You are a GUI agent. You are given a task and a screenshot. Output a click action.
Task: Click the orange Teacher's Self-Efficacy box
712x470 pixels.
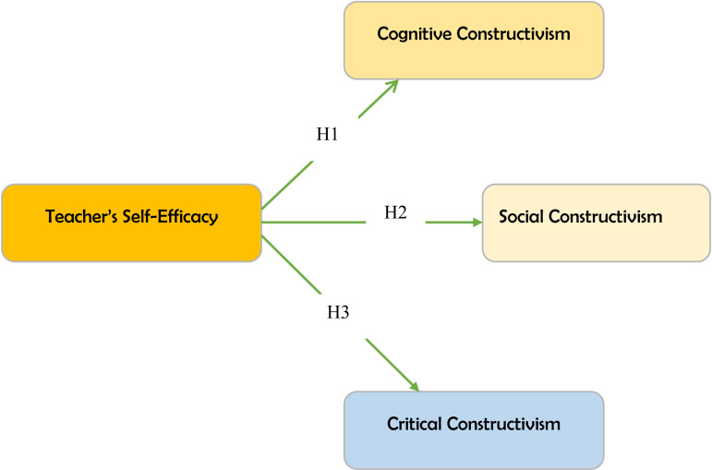131,222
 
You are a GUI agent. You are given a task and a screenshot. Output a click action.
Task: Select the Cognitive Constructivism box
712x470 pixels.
474,40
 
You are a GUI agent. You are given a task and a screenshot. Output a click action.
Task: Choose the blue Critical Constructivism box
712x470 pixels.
474,429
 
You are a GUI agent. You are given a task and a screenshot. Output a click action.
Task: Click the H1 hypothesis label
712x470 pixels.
328,135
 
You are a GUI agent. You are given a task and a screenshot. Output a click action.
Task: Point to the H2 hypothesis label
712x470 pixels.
396,213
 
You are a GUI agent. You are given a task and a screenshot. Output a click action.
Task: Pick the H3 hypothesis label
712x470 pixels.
338,312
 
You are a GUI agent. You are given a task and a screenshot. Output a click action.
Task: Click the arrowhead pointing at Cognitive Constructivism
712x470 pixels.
392,85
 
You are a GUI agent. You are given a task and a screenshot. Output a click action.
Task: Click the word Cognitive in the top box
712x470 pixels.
412,34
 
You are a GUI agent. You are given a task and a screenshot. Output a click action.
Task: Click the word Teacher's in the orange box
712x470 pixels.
78,218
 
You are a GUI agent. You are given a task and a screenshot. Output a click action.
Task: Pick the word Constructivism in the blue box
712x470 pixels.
504,425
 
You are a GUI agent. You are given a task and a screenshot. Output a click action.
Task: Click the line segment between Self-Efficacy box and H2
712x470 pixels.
314,222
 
